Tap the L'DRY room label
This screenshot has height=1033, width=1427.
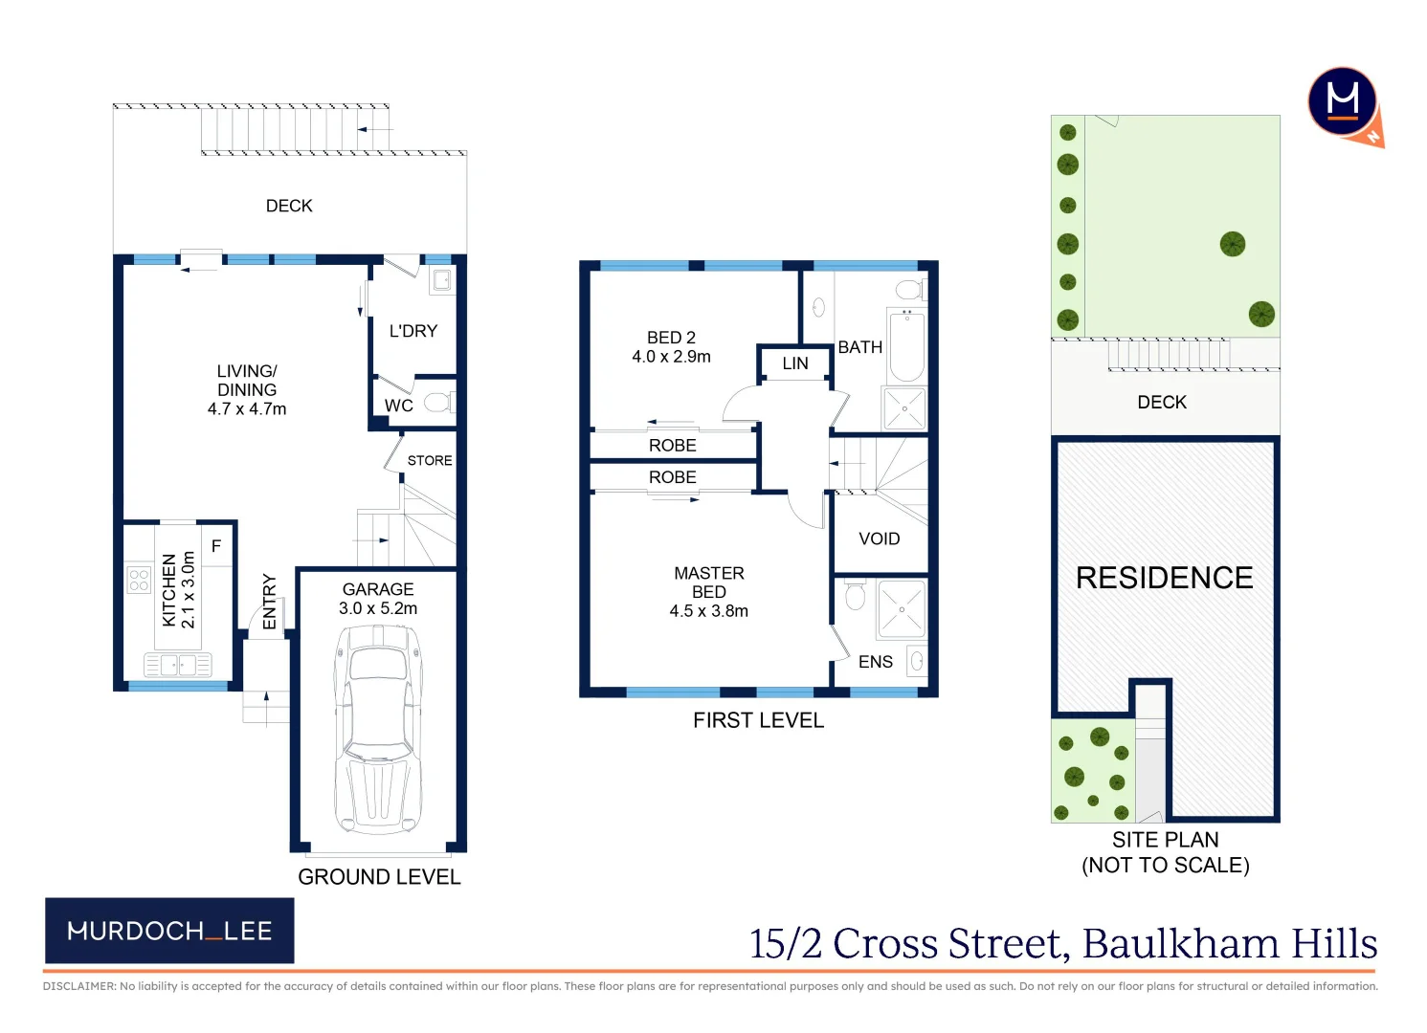tap(412, 331)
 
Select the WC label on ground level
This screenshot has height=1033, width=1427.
tap(399, 406)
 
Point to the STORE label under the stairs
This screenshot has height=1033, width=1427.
tap(430, 460)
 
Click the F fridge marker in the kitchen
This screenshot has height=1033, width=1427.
tap(216, 546)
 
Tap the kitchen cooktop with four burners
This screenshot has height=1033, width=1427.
tap(139, 580)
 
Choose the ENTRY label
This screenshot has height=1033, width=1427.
tap(270, 602)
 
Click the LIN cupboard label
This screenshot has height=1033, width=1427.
tap(795, 363)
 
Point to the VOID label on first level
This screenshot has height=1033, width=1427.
tap(879, 538)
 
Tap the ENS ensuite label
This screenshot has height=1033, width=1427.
tap(875, 662)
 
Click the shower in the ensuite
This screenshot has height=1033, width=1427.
tap(902, 609)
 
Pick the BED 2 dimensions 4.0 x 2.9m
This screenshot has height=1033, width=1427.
tap(671, 357)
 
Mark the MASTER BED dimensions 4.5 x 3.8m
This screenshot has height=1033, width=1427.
tap(708, 611)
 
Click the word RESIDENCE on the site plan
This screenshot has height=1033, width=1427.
tap(1164, 578)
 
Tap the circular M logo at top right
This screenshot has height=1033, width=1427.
tap(1343, 101)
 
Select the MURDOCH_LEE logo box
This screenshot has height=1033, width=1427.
tap(169, 931)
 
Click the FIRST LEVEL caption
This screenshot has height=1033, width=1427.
tap(758, 720)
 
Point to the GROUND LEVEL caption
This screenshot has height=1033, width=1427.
tap(379, 877)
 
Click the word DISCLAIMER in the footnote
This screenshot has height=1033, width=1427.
tap(78, 986)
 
